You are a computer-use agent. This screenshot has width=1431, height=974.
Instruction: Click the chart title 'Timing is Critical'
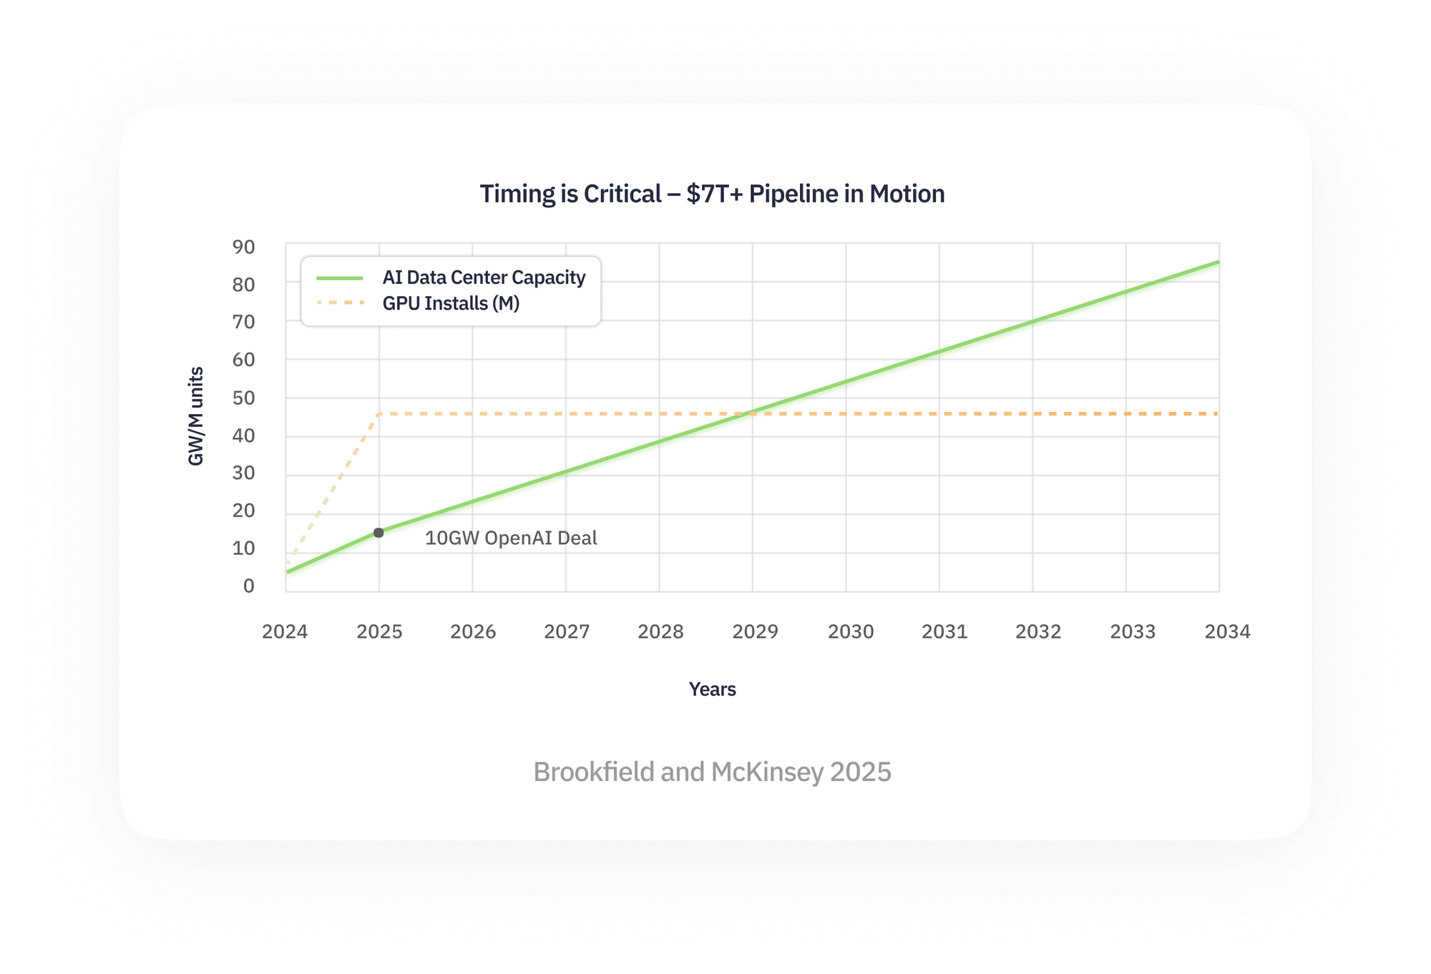tap(712, 194)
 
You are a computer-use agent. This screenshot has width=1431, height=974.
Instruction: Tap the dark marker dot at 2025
tap(378, 533)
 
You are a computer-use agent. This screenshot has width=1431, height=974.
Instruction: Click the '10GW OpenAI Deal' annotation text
tap(511, 538)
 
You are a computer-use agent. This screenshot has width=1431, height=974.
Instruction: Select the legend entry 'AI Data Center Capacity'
tap(484, 277)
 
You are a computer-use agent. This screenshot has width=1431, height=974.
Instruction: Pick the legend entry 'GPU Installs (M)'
tap(451, 303)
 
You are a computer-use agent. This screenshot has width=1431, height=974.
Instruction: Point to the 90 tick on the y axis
tap(243, 247)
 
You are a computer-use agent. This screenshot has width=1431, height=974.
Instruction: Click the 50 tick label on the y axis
tap(243, 398)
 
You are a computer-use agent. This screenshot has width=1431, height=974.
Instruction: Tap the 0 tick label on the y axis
tap(248, 586)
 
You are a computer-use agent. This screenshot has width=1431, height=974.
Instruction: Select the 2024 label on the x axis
tap(285, 631)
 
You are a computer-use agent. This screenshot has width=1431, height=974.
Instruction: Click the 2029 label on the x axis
tap(755, 631)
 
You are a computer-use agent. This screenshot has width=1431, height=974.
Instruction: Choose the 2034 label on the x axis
tap(1227, 631)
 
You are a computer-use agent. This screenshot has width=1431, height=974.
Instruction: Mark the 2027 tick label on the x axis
tap(567, 631)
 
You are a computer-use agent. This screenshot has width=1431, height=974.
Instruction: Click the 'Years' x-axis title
tap(712, 689)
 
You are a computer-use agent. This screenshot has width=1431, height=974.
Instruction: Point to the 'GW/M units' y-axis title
tap(196, 416)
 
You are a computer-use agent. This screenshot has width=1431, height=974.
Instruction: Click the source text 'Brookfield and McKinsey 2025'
tap(712, 772)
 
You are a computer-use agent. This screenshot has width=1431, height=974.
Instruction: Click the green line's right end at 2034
tap(1218, 262)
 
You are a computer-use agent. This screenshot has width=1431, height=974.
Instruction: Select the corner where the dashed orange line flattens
tap(378, 413)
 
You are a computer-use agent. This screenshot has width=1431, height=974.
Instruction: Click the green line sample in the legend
tap(340, 277)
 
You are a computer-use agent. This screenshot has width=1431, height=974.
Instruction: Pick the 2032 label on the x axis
tap(1038, 631)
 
